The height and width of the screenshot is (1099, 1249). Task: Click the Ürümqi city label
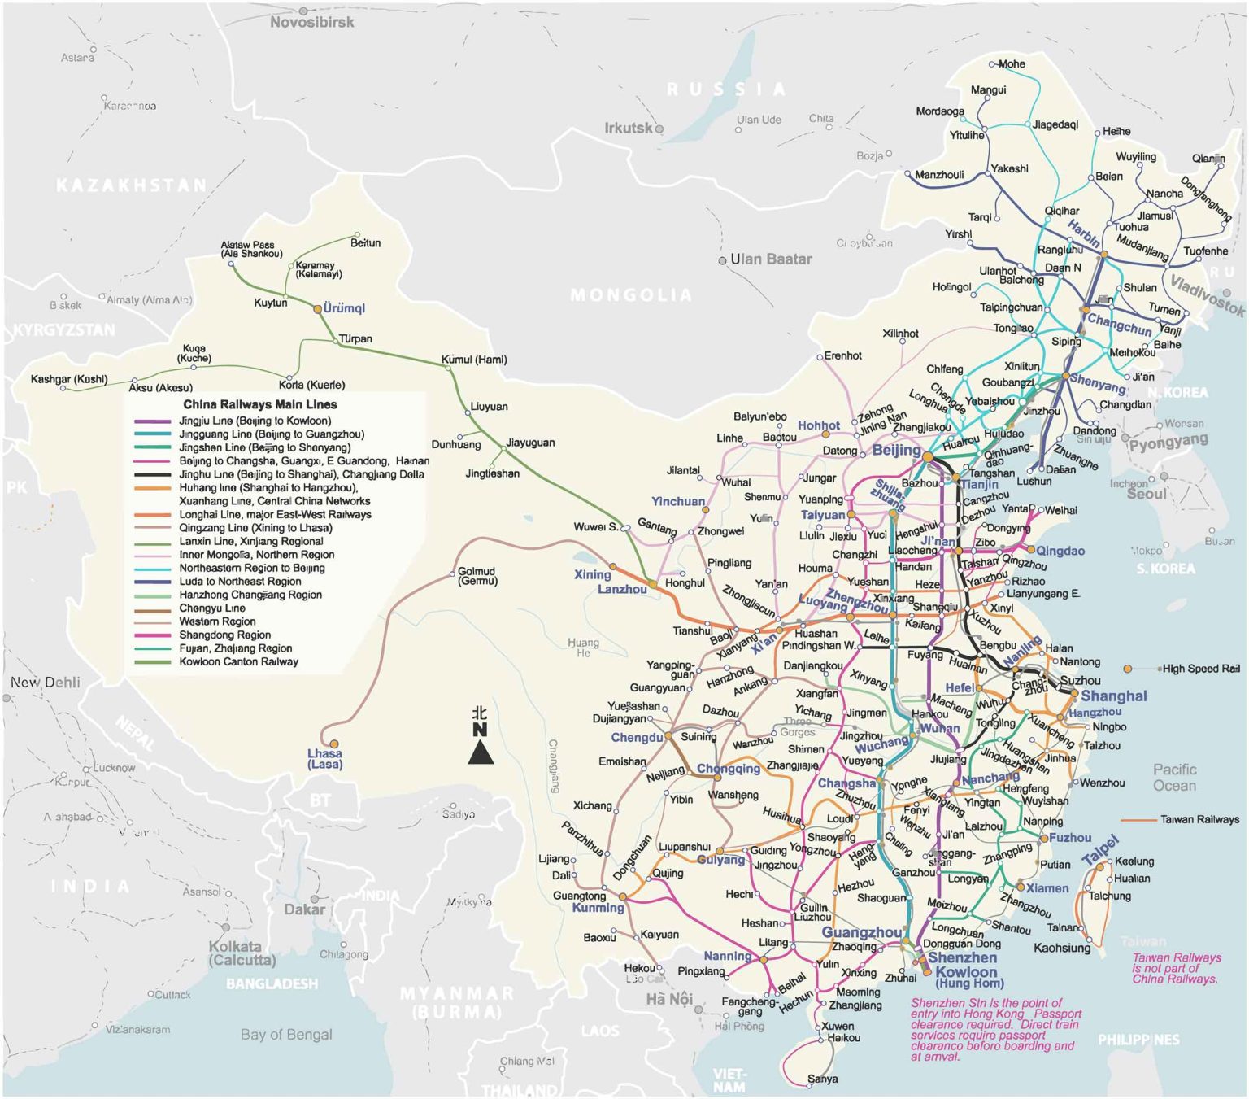[x=344, y=308]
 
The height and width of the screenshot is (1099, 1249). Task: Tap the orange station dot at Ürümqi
[x=318, y=309]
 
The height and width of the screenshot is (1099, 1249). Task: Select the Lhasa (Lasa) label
[x=324, y=758]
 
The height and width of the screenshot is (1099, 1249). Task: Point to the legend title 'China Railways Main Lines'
[x=259, y=404]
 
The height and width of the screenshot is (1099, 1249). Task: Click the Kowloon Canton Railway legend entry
[x=238, y=662]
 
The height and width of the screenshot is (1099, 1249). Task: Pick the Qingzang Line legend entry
[x=255, y=528]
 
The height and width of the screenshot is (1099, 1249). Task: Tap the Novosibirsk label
[x=311, y=23]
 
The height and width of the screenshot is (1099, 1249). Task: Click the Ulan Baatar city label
[x=770, y=259]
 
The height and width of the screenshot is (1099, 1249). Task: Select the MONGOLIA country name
[x=631, y=294]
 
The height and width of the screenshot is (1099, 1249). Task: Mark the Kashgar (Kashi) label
[x=69, y=379]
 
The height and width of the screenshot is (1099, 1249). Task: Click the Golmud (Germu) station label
[x=477, y=576]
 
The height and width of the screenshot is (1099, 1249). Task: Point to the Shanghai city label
[x=1113, y=696]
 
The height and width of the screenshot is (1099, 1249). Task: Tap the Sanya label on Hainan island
[x=822, y=1079]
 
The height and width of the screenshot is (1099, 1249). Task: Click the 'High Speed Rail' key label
[x=1200, y=669]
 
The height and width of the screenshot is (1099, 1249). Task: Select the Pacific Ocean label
[x=1174, y=778]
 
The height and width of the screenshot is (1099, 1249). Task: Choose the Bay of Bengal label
[x=286, y=1035]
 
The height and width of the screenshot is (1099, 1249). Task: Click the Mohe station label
[x=1012, y=63]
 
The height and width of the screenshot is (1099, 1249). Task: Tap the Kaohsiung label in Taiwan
[x=1061, y=948]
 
